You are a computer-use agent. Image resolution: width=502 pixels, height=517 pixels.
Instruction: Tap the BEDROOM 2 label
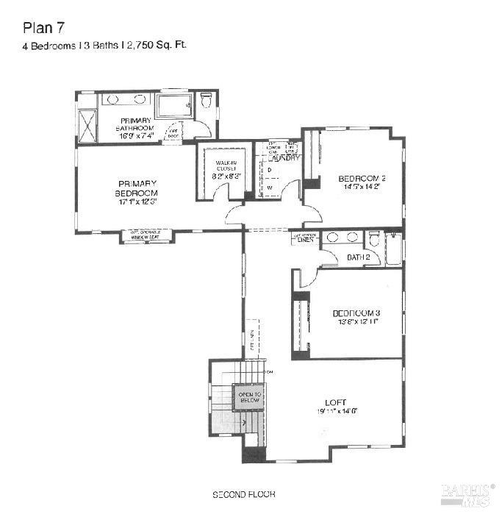point(362,178)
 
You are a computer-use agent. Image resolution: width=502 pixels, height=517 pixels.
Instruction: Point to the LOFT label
point(335,402)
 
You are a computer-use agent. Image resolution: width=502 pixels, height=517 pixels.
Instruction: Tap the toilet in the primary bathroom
point(206,99)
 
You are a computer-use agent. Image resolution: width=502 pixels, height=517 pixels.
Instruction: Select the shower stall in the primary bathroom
point(88,126)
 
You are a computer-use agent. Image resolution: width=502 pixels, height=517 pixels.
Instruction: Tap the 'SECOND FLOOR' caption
point(243,494)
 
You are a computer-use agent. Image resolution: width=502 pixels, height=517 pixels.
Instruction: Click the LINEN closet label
point(305,240)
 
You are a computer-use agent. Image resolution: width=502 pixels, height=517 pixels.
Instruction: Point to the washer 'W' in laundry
point(270,188)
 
